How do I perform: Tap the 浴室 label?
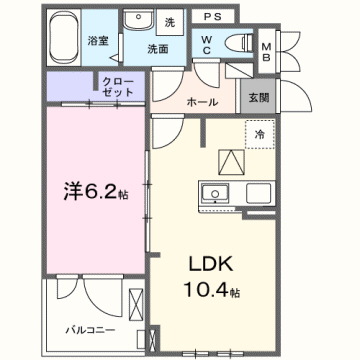coord(97,41)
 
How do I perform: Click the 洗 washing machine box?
coord(169,22)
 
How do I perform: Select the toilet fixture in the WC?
coord(238,41)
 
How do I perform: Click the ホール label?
coord(204,101)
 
